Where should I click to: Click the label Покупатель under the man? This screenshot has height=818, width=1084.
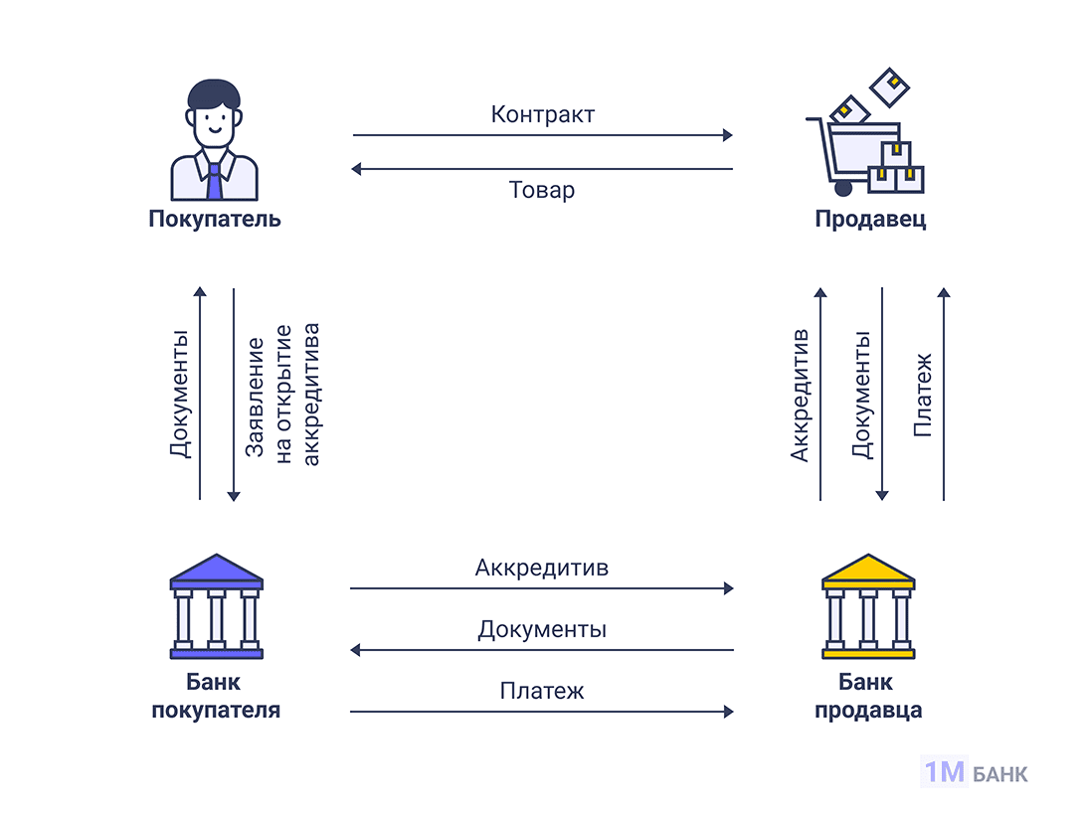point(214,219)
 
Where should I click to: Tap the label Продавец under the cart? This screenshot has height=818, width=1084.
point(870,219)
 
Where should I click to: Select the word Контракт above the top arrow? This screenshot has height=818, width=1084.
point(542,114)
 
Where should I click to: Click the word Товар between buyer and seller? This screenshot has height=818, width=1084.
point(542,190)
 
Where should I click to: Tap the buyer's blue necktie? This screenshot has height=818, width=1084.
point(215,180)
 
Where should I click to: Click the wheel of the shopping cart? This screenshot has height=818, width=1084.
point(843,187)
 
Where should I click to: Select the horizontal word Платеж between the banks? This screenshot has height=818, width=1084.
point(542,691)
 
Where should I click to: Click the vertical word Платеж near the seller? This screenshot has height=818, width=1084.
point(922,395)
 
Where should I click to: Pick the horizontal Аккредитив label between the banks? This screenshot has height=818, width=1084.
point(542,569)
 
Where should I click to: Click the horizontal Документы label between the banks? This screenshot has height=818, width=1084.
point(542,630)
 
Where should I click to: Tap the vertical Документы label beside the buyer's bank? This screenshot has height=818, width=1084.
point(179,395)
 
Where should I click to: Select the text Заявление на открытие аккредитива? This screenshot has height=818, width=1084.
point(282,395)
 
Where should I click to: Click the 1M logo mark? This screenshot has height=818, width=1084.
point(944,772)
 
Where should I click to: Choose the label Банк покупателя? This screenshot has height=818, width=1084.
point(215,697)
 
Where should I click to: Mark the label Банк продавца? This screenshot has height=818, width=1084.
point(867,697)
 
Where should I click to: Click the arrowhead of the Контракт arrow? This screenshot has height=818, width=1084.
point(728,134)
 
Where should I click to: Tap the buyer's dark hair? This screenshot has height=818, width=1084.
point(214,94)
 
